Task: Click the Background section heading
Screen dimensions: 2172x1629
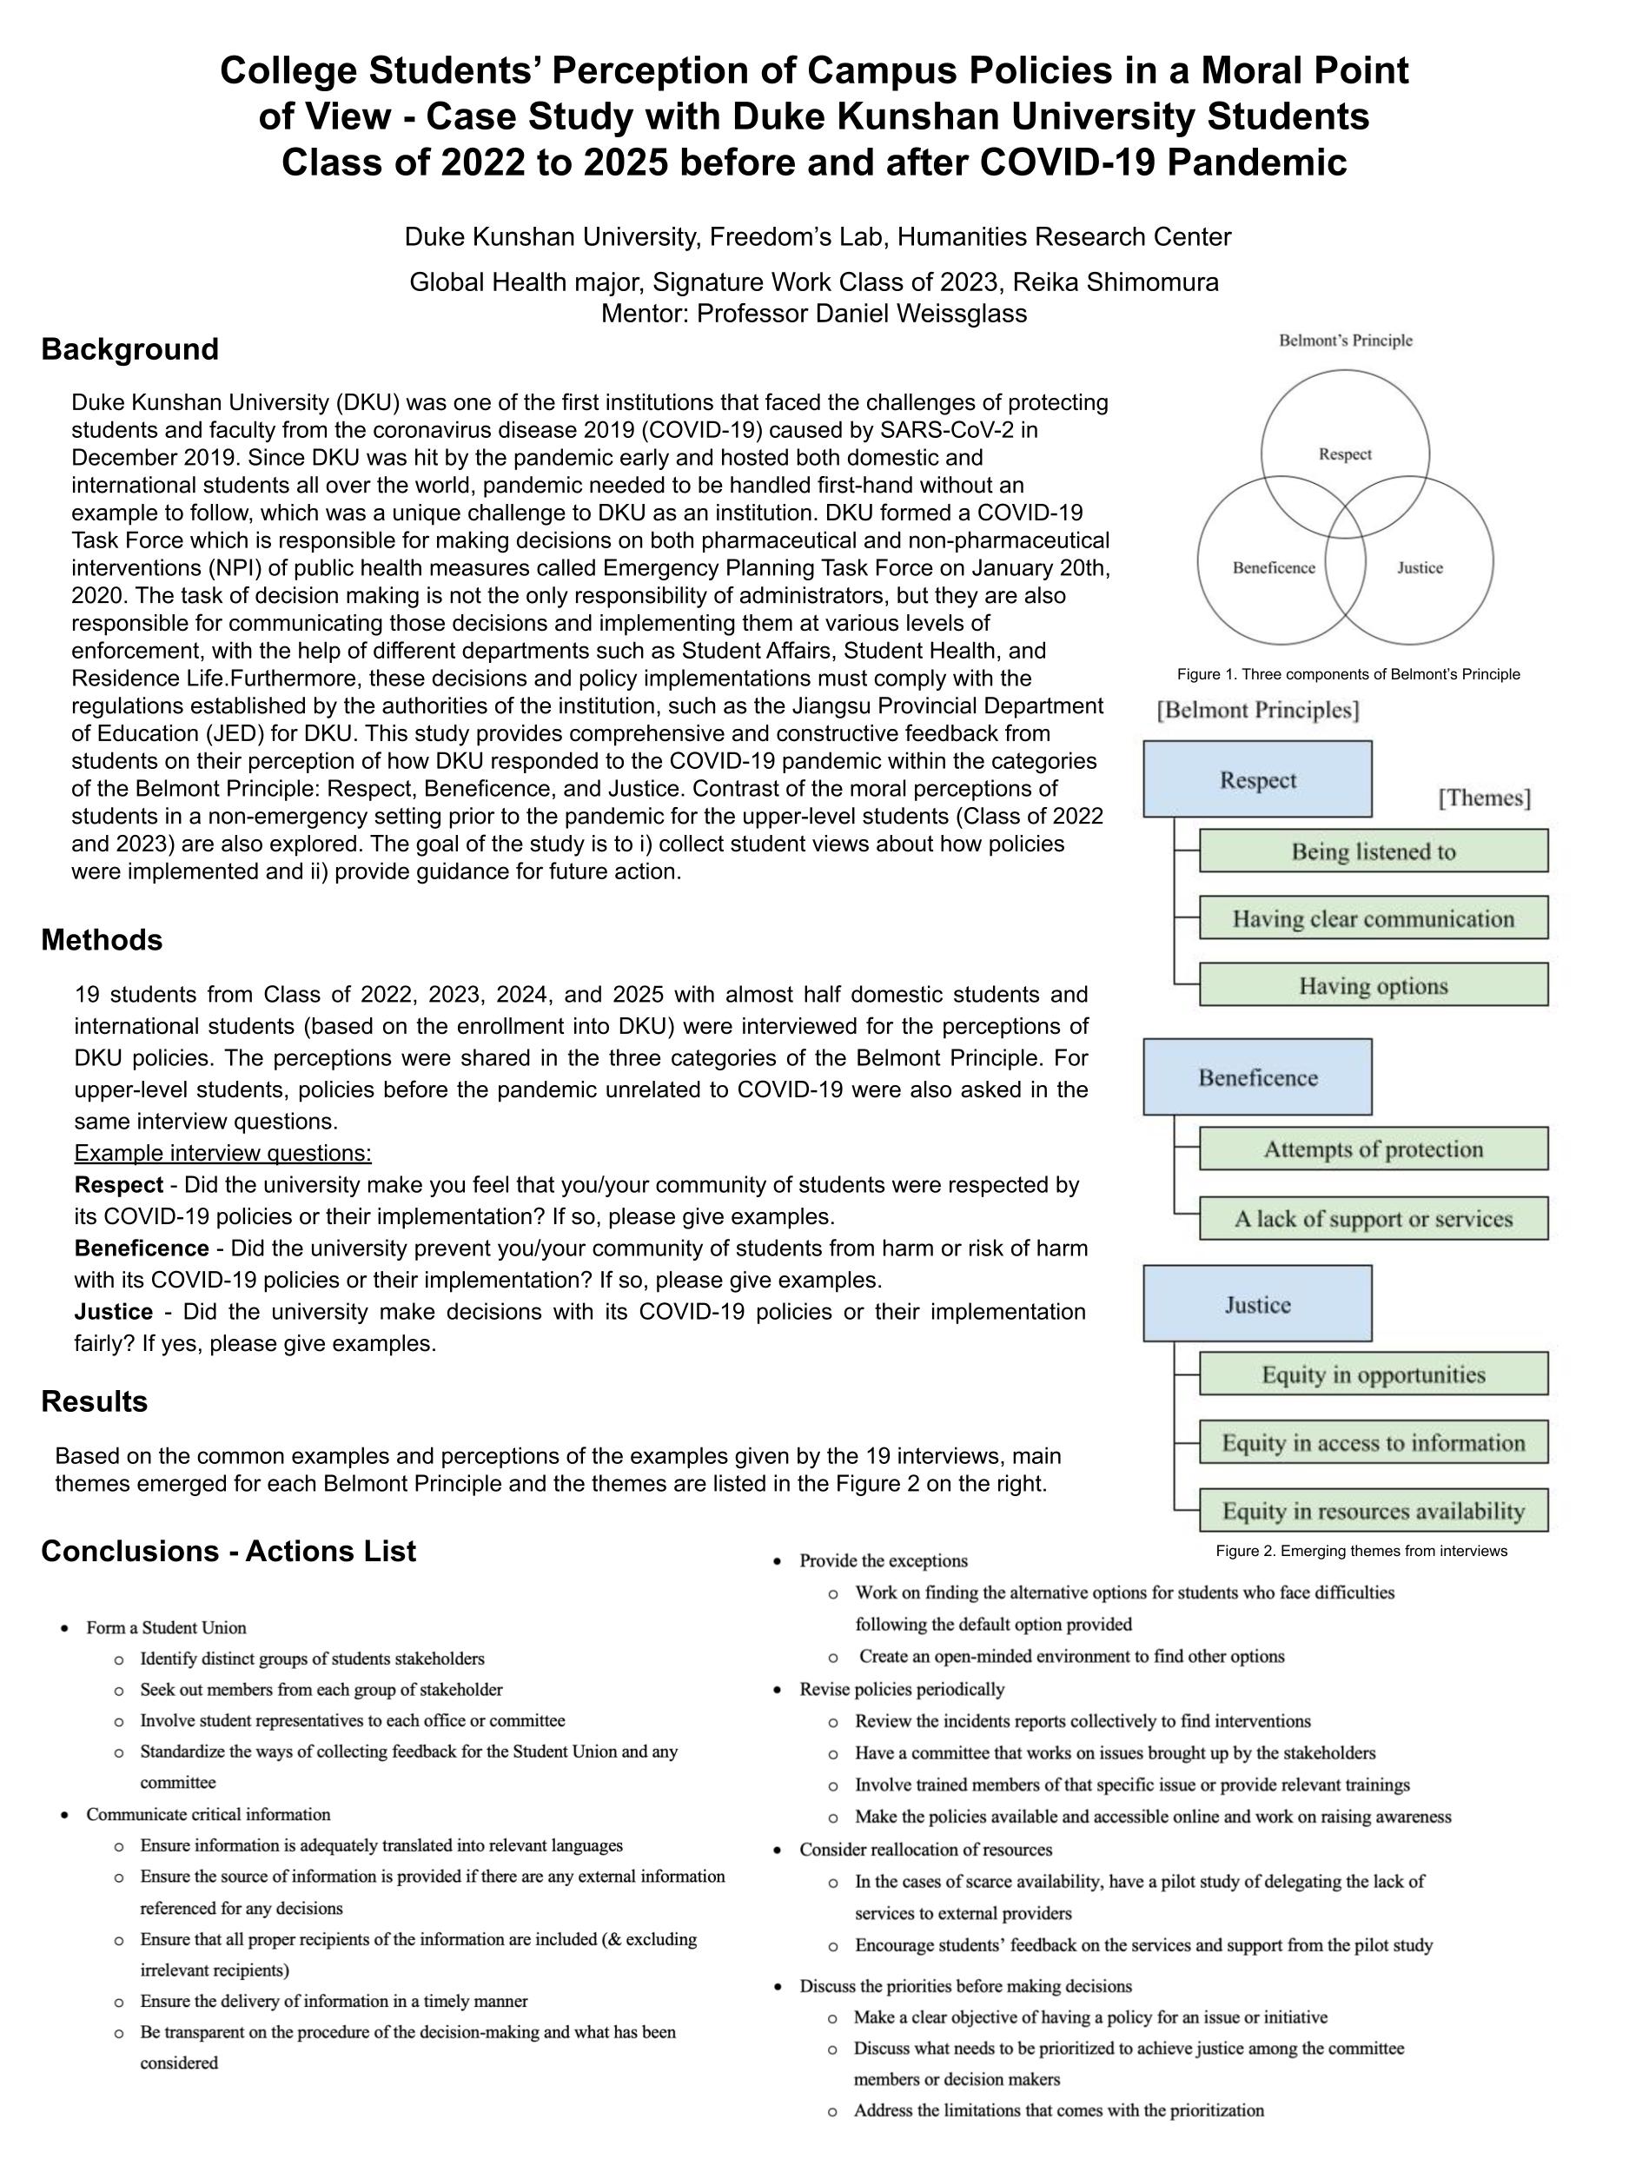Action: click(129, 349)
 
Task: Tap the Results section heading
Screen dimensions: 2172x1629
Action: click(94, 1401)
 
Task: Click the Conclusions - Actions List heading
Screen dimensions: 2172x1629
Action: click(228, 1551)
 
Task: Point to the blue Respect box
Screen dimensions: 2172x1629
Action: click(1257, 779)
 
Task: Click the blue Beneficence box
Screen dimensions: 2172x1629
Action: click(1257, 1077)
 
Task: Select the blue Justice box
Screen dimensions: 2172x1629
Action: click(1257, 1304)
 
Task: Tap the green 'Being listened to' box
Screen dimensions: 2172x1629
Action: click(1373, 851)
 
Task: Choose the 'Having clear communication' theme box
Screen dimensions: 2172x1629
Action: click(1373, 918)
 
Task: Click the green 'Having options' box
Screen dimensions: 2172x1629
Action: click(1373, 985)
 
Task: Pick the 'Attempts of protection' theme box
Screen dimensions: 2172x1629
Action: click(1373, 1149)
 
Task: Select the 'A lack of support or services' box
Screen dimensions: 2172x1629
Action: click(1373, 1219)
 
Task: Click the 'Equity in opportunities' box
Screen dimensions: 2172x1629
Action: click(1373, 1374)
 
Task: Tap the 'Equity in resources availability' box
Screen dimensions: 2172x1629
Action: click(1373, 1510)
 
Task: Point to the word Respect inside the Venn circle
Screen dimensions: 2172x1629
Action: click(1344, 454)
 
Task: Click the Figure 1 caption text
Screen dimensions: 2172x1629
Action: click(1348, 674)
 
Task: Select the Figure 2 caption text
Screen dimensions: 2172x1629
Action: click(1360, 1552)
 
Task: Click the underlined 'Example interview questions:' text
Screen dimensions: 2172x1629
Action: click(223, 1153)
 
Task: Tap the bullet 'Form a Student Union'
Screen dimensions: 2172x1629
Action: click(166, 1627)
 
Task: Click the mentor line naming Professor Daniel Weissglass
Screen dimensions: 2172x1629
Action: click(814, 315)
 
